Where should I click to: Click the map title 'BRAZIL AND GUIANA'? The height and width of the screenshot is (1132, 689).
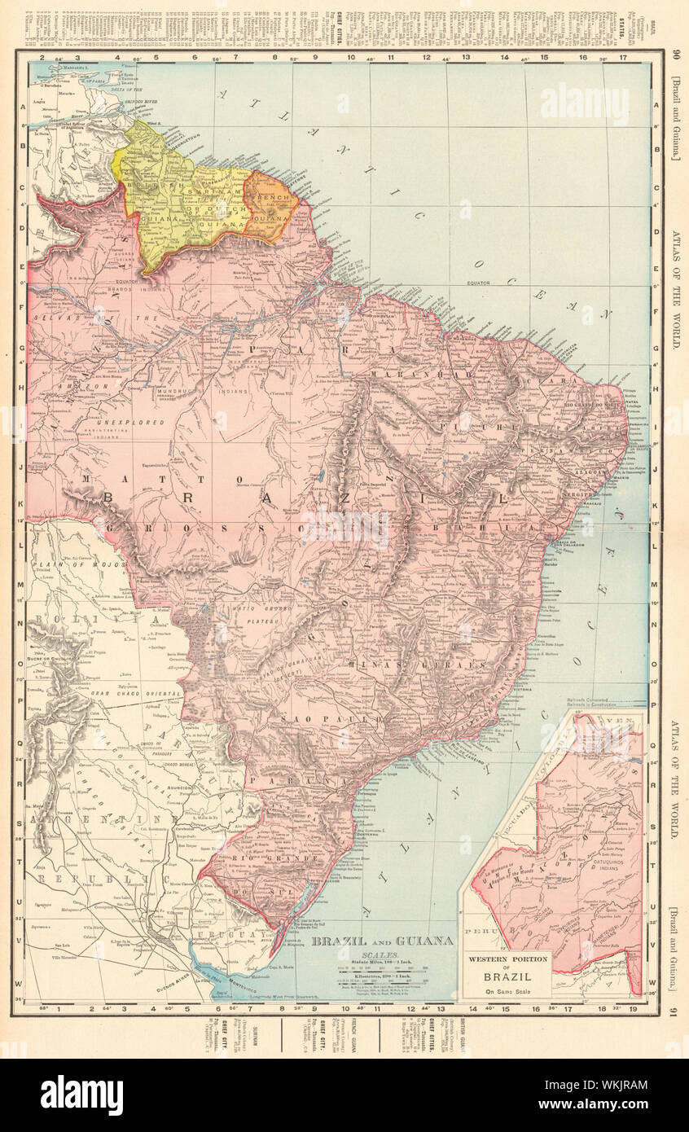[383, 941]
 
